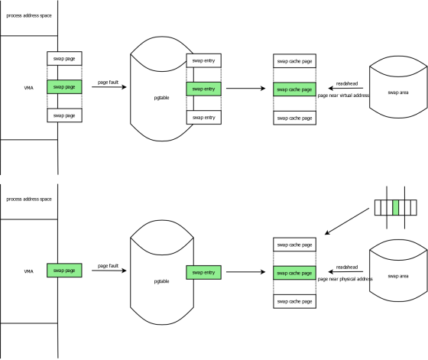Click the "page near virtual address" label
[x=343, y=96]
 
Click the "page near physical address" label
[x=345, y=279]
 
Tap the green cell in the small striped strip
[x=396, y=207]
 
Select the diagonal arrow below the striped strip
[x=347, y=222]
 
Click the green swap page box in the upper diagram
[x=64, y=87]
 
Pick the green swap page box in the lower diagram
[x=64, y=271]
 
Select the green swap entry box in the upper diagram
[x=203, y=89]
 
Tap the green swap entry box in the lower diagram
[x=203, y=272]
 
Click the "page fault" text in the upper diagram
[x=108, y=82]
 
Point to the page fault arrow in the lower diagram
[x=109, y=271]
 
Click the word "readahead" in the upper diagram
[x=347, y=83]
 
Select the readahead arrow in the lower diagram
[x=345, y=271]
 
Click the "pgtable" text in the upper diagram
[x=161, y=98]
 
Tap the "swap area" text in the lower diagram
[x=398, y=276]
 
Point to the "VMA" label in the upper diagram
[x=29, y=88]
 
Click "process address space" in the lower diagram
[x=29, y=199]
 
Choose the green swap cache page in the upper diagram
[x=294, y=89]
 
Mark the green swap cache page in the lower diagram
[x=294, y=273]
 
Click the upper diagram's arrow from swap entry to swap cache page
[x=245, y=88]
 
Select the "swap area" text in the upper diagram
[x=398, y=92]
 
